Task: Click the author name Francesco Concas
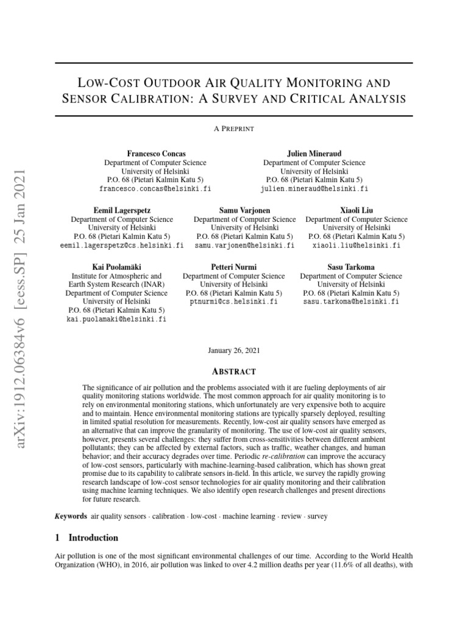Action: point(155,154)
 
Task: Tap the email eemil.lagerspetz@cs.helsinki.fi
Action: point(122,246)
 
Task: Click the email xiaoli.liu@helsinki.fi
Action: point(356,246)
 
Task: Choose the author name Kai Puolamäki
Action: point(116,267)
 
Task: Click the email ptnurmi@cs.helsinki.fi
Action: point(233,302)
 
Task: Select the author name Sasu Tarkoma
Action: point(351,267)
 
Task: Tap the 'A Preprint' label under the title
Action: point(234,129)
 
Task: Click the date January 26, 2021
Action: point(234,350)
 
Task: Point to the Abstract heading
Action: point(234,372)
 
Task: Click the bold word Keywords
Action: point(71,516)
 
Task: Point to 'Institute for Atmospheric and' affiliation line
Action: point(116,276)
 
